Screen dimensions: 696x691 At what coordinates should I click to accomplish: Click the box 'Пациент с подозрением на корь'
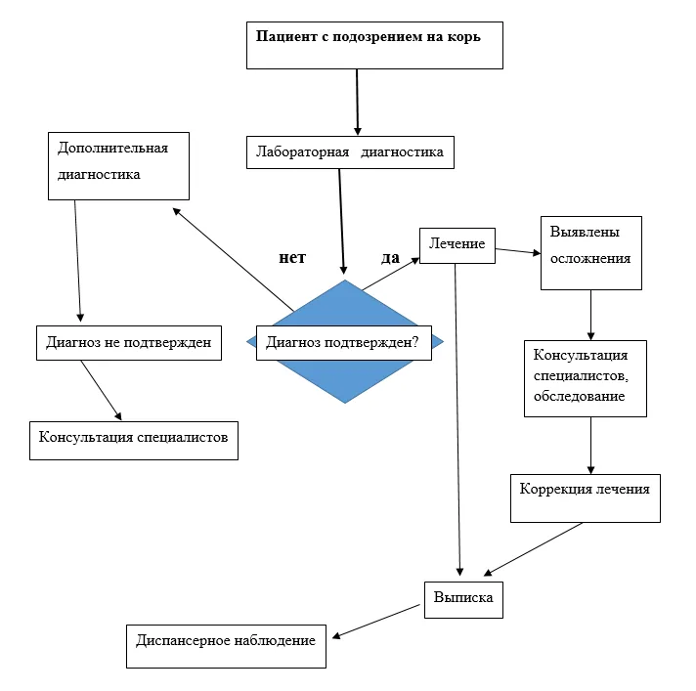point(374,45)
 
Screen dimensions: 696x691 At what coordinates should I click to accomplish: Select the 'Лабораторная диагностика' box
point(350,152)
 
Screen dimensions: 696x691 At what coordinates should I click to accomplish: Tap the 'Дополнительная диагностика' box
point(118,166)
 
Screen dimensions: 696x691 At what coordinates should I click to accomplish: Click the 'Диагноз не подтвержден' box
point(129,343)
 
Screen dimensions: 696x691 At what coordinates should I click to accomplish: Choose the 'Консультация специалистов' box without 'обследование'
point(134,440)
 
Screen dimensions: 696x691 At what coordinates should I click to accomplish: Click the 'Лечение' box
point(457,246)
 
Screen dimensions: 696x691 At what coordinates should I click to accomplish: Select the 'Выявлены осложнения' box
point(591,253)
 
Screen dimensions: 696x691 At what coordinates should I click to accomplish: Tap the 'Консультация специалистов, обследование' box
point(586,378)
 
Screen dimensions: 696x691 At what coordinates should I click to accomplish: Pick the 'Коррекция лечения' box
point(586,498)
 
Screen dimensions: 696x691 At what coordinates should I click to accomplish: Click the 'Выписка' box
point(463,600)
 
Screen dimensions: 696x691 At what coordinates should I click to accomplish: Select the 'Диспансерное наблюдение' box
point(226,646)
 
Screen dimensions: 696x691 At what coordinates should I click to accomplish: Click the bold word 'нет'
point(292,257)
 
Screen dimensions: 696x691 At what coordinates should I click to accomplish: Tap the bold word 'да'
point(390,257)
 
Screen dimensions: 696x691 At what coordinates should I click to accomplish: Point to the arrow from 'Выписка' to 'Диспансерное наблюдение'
point(376,622)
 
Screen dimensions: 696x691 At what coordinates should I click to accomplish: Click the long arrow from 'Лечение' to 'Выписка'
point(457,420)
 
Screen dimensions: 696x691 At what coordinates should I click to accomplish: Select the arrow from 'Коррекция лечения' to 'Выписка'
point(533,549)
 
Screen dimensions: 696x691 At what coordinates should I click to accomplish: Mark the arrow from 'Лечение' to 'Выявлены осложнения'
point(518,251)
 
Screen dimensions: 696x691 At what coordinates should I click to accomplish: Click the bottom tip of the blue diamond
point(345,404)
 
